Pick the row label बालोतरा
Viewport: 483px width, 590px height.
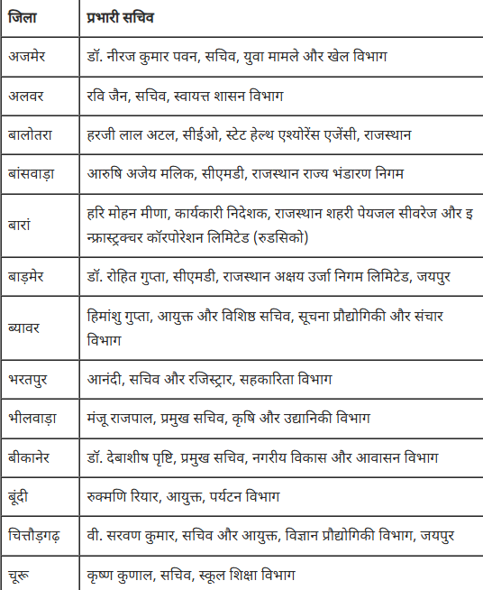click(32, 134)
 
